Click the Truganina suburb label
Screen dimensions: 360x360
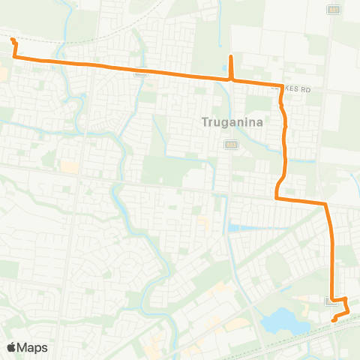pyautogui.click(x=232, y=121)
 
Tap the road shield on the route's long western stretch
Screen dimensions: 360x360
pyautogui.click(x=140, y=73)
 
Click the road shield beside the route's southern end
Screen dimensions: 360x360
pyautogui.click(x=331, y=301)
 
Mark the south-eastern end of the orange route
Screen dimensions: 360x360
pyautogui.click(x=334, y=319)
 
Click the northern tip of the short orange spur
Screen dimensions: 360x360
pyautogui.click(x=231, y=57)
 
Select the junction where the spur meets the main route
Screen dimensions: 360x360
pyautogui.click(x=231, y=78)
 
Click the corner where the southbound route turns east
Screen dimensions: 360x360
pyautogui.click(x=277, y=198)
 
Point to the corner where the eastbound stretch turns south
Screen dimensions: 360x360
pyautogui.click(x=326, y=203)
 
